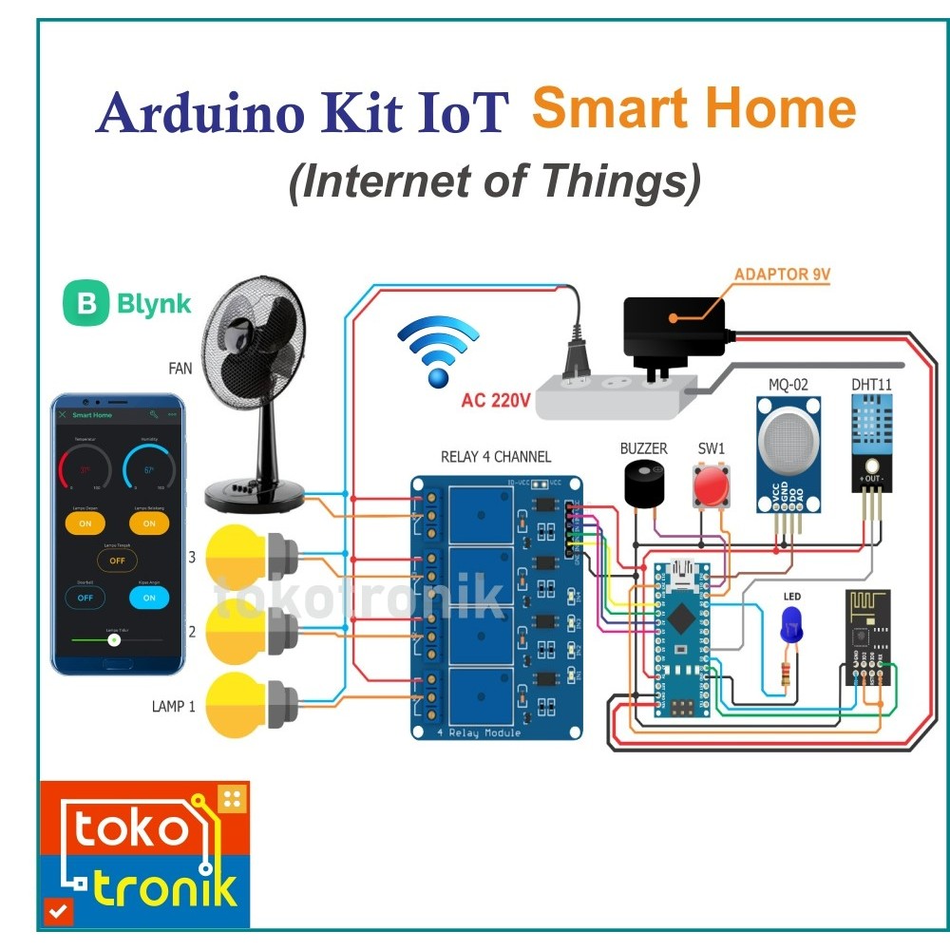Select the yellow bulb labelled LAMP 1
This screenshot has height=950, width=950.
(x=234, y=704)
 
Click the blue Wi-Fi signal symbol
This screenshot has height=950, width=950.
(x=437, y=351)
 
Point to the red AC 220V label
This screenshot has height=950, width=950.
(x=495, y=400)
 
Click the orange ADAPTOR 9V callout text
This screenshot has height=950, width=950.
(x=782, y=275)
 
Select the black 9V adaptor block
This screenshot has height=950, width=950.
(x=674, y=329)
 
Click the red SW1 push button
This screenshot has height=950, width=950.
(x=710, y=486)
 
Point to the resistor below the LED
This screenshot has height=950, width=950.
(x=785, y=675)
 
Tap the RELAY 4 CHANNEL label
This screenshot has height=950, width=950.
(x=495, y=457)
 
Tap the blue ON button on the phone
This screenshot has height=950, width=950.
(x=148, y=598)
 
